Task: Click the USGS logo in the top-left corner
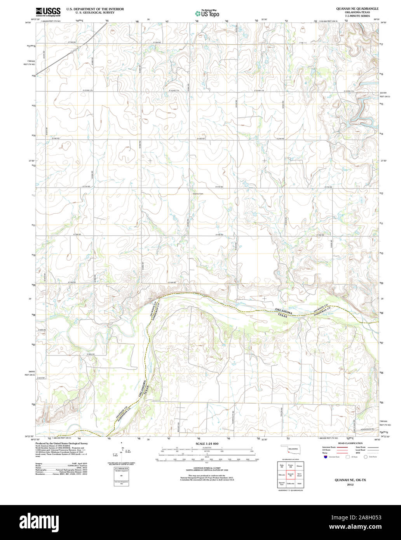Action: tap(48, 12)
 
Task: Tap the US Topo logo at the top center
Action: tap(207, 13)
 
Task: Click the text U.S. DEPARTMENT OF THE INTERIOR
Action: tap(95, 8)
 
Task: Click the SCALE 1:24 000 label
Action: tap(207, 444)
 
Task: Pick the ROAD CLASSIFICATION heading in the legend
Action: tap(350, 443)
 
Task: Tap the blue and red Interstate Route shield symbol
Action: tap(325, 457)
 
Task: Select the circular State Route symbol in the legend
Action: tap(366, 457)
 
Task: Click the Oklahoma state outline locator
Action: tap(289, 449)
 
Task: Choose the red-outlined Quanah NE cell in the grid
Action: tap(290, 474)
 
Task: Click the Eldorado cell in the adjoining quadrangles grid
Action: tap(281, 474)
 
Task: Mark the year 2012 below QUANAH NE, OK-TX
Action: tap(350, 485)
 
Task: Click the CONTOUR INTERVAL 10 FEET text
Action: tap(207, 469)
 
